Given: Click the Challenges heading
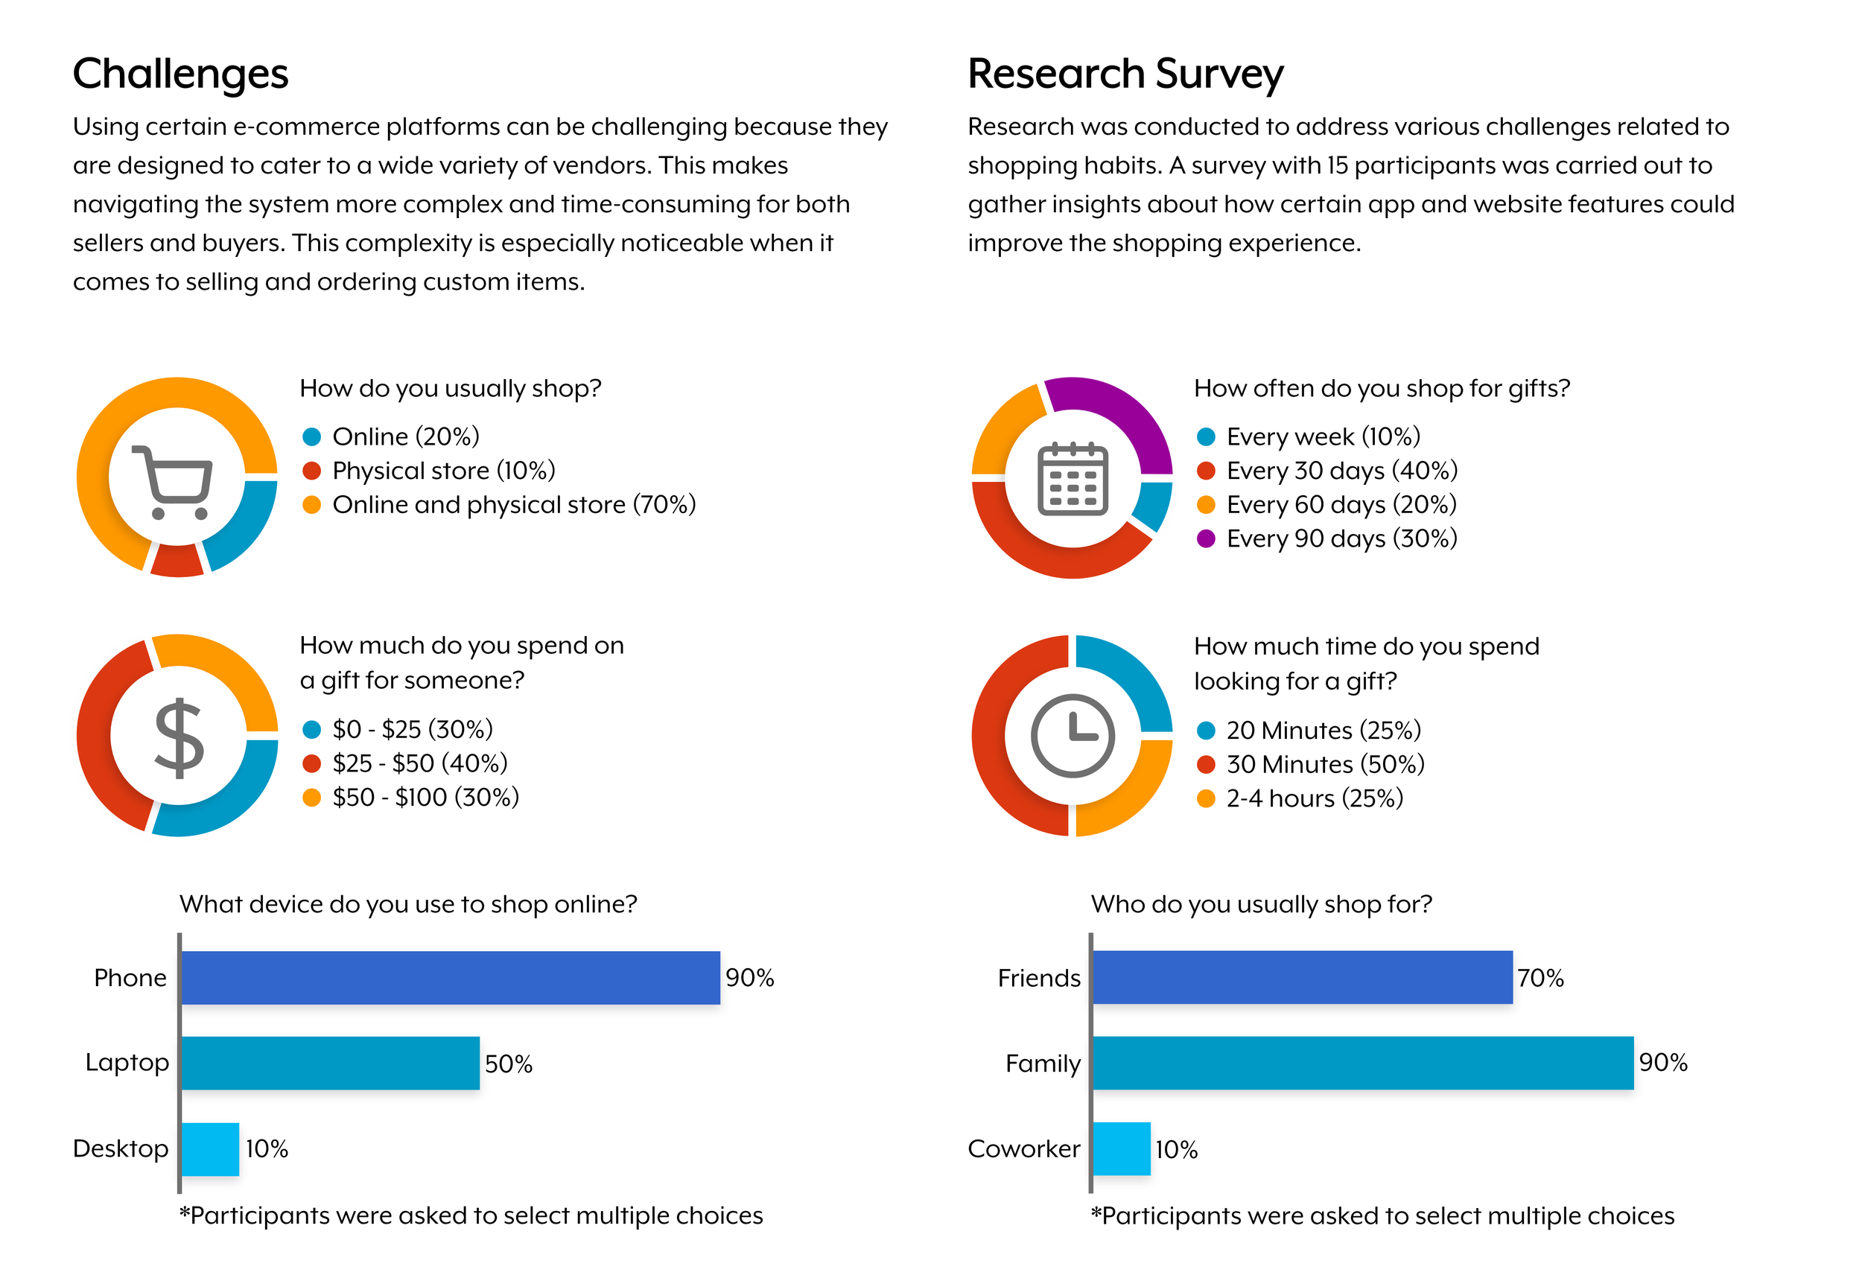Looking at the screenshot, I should [180, 74].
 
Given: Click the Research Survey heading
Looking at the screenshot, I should [1125, 74].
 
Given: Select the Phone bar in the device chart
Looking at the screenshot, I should [451, 978].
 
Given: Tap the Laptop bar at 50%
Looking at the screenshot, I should [330, 1063].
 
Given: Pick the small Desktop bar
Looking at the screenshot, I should [210, 1148].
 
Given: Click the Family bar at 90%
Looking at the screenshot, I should [1362, 1063].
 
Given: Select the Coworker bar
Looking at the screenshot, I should [1121, 1148].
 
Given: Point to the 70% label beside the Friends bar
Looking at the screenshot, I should [1540, 978].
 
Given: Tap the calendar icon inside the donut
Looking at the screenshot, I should [1072, 479].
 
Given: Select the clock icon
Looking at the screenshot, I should [1072, 736].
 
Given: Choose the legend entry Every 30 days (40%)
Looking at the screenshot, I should [1341, 471].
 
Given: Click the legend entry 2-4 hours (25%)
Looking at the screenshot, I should [1314, 798].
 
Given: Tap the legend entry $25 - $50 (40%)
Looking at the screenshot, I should [420, 763].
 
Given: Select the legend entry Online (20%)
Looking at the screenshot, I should [405, 436].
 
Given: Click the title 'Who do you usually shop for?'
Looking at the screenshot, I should [1261, 904].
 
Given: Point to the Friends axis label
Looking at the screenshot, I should [1038, 978].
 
